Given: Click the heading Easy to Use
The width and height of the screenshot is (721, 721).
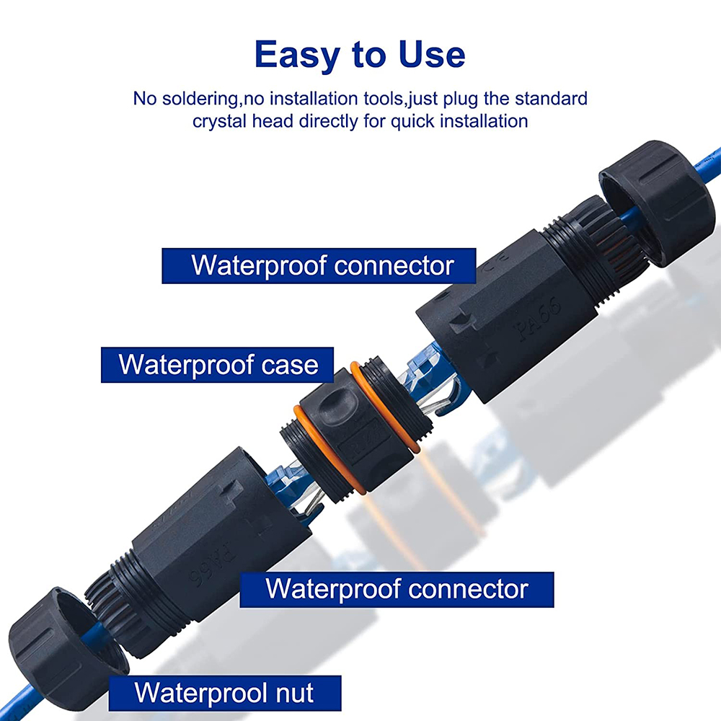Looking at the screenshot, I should click(360, 56).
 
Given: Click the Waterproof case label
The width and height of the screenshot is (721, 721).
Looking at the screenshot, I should click(218, 364).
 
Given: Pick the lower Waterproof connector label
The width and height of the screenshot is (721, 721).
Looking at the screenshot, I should click(397, 589).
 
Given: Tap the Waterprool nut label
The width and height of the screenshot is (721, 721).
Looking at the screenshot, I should click(224, 693).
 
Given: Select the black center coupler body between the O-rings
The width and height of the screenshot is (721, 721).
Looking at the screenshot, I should click(346, 433).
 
